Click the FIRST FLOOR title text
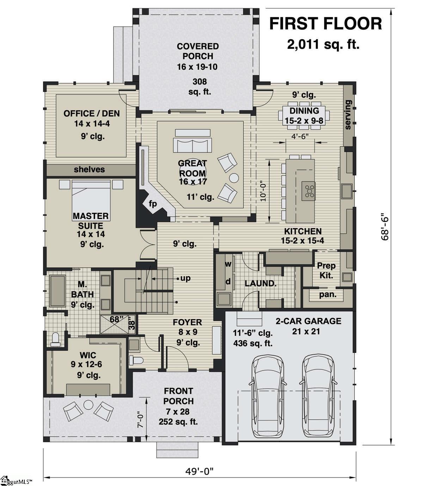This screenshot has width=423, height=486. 325,24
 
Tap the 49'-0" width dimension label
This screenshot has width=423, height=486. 199,471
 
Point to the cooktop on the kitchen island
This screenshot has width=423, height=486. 309,191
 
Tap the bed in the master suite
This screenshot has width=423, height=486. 91,197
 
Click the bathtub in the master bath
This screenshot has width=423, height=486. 57,291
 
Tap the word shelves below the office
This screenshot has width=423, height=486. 89,169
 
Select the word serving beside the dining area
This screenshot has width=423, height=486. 348,115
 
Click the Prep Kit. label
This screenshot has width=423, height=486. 326,270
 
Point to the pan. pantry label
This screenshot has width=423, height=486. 328,294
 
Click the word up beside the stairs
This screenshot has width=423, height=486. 185,278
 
